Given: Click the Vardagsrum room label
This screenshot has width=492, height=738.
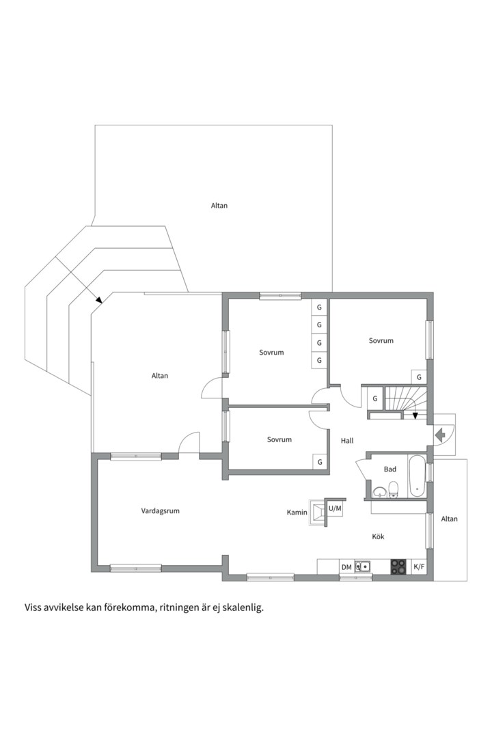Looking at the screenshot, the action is (x=160, y=510).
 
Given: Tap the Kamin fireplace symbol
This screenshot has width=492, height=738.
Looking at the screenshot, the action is (x=317, y=512).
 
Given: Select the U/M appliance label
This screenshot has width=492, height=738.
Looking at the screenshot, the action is (x=335, y=508).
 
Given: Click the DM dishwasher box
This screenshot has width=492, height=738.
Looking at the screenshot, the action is (x=346, y=567).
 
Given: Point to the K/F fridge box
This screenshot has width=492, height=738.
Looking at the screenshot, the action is (x=419, y=566).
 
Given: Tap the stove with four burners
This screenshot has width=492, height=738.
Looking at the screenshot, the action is (x=398, y=566).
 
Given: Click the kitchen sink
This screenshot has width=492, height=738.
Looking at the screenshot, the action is (x=363, y=566).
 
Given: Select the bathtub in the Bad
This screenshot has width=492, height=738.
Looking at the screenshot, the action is (x=416, y=476).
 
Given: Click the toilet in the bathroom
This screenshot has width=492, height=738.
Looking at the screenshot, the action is (x=394, y=489).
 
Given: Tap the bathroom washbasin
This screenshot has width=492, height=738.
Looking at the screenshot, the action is (x=379, y=492).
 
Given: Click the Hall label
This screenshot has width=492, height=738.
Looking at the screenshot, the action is (x=347, y=441).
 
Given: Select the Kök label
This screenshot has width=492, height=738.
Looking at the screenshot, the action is (x=378, y=536).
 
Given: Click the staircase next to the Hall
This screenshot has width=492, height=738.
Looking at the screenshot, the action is (x=405, y=402).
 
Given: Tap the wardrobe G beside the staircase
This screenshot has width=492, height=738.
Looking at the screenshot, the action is (x=374, y=398).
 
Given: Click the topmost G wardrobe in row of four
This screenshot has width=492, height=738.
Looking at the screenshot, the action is (x=318, y=307).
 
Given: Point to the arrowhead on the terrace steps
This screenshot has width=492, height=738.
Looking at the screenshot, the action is (x=98, y=299).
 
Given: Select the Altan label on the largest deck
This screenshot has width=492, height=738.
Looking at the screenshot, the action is (x=219, y=205).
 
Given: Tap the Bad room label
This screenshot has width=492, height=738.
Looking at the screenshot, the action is (x=389, y=469).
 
